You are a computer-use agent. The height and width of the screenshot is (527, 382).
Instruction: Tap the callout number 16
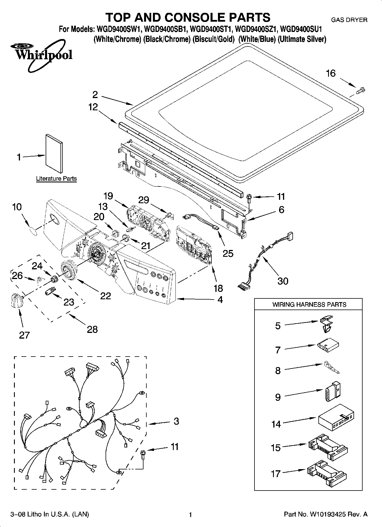pos(331,74)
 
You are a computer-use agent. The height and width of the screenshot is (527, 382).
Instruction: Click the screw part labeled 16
pos(361,90)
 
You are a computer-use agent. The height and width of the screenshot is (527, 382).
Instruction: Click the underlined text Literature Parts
pos(56,179)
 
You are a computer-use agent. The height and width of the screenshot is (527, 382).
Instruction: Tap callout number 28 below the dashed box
pos(92,329)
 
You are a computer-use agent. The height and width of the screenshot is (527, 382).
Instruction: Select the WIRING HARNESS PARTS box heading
pos(309,304)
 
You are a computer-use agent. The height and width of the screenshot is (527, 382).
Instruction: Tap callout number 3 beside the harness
pos(176,421)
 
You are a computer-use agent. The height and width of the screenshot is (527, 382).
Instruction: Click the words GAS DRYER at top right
pos(349,20)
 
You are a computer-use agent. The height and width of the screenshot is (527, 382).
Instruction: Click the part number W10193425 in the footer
pos(328,514)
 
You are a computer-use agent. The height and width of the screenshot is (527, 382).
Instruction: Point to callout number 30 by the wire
pos(283,281)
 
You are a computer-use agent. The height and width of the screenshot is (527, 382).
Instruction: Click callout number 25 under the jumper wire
pos(228,253)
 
